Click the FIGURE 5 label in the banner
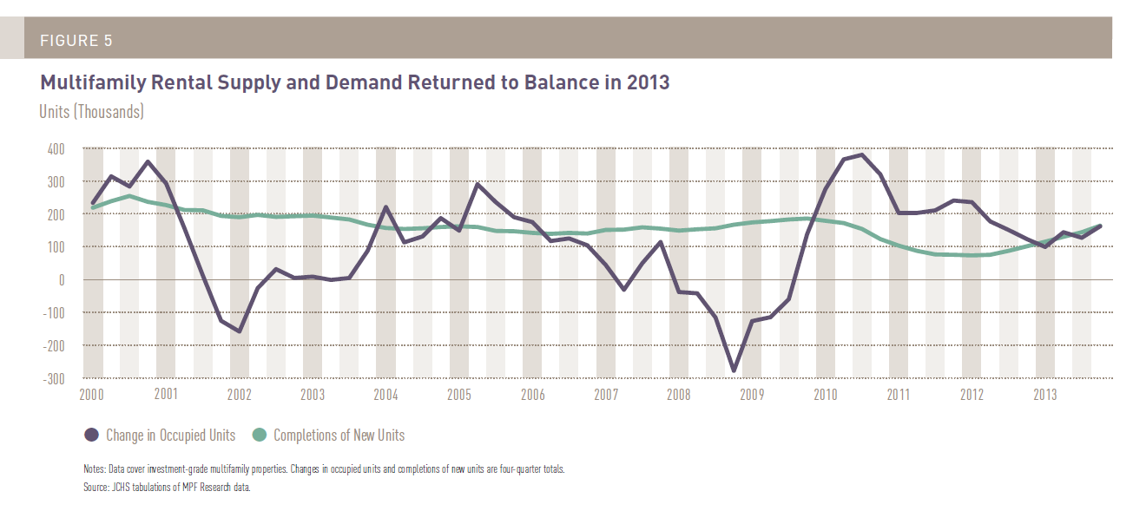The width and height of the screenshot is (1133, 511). pyautogui.click(x=76, y=41)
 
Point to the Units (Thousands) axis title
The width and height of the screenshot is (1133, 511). pyautogui.click(x=91, y=111)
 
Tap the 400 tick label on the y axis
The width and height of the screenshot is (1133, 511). pyautogui.click(x=55, y=149)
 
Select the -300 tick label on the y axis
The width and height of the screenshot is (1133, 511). pyautogui.click(x=53, y=378)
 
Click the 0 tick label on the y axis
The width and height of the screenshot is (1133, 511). pyautogui.click(x=62, y=280)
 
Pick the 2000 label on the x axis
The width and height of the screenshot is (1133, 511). pyautogui.click(x=93, y=395)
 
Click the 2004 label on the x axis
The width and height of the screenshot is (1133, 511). pyautogui.click(x=385, y=395)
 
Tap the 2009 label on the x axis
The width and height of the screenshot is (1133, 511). pyautogui.click(x=752, y=395)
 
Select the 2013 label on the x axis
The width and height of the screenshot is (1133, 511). pyautogui.click(x=1045, y=395)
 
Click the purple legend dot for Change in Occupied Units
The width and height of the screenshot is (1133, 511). pyautogui.click(x=92, y=436)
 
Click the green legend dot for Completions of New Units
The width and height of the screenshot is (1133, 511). pyautogui.click(x=260, y=436)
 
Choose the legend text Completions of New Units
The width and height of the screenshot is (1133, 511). pyautogui.click(x=339, y=436)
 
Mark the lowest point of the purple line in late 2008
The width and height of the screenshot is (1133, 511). pyautogui.click(x=734, y=370)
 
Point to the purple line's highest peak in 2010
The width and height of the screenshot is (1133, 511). pyautogui.click(x=861, y=155)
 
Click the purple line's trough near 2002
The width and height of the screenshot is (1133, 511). pyautogui.click(x=239, y=331)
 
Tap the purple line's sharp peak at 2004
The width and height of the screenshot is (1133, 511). pyautogui.click(x=385, y=207)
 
